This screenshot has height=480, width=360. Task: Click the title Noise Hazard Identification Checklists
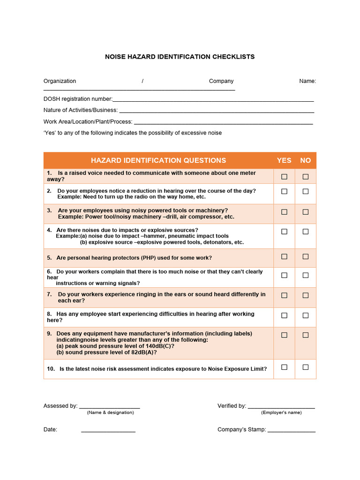point(180,57)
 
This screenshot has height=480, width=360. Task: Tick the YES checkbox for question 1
point(284,177)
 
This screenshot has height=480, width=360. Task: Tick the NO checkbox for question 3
point(306,212)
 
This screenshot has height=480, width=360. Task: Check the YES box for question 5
point(284,256)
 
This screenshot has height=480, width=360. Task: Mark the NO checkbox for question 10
point(306,367)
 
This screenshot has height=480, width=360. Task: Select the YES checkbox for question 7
point(284,295)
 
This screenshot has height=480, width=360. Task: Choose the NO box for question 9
point(306,335)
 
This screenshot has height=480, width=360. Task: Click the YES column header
point(284,160)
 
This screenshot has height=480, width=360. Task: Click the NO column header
point(306,160)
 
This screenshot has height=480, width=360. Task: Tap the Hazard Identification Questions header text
point(158,160)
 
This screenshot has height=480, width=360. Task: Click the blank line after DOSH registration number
point(213,100)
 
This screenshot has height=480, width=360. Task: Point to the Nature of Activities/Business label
point(81,110)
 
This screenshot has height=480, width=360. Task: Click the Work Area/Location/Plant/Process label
point(88,121)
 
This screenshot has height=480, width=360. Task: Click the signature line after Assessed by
point(110,407)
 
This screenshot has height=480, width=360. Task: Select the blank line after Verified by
point(281,407)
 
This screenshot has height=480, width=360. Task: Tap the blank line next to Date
point(108,430)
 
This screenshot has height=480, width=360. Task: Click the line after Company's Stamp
point(292,430)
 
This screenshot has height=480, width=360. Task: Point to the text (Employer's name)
point(281,412)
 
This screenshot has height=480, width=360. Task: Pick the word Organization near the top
point(60,81)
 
